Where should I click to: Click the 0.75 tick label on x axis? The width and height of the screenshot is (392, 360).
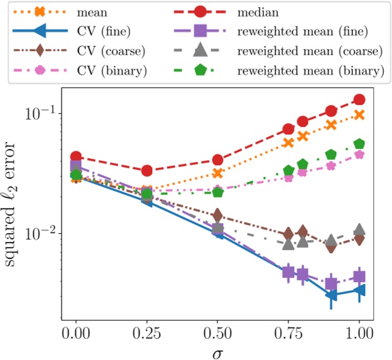[288, 331]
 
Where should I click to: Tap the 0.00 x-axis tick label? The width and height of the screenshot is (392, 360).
[76, 331]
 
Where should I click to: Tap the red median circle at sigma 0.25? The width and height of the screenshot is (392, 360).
[147, 170]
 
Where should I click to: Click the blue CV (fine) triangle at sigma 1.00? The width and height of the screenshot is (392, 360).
[359, 290]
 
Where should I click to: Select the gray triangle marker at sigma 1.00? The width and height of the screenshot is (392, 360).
[359, 229]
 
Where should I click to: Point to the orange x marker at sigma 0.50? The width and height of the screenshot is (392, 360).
[218, 173]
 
